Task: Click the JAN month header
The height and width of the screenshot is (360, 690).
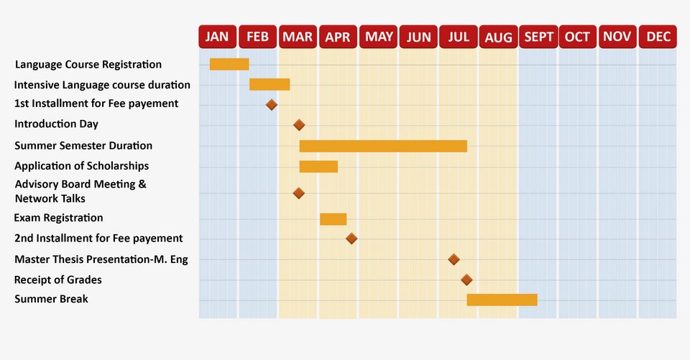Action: pos(217,37)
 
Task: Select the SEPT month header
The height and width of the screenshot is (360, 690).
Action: pos(538,37)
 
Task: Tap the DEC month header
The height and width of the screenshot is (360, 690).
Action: pos(658,37)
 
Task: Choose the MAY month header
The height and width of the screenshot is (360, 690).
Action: pos(378,37)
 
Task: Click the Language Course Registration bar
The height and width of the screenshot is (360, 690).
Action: pos(229,65)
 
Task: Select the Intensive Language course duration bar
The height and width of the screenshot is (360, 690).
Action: pos(270,85)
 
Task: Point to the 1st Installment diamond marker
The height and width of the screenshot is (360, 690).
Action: pos(272,105)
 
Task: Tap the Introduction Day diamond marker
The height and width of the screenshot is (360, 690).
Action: pos(299,125)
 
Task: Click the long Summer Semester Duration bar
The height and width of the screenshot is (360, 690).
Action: pos(383,146)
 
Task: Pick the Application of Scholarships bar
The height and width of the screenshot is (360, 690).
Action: pos(318,167)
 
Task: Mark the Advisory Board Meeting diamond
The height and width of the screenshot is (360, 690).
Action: pos(299,193)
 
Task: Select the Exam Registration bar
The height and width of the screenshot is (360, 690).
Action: pos(333,219)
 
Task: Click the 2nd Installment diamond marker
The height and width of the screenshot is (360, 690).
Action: pos(351,239)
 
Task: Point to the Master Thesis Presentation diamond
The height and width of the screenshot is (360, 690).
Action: pos(454,259)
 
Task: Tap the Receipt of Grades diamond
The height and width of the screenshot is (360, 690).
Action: pos(466,280)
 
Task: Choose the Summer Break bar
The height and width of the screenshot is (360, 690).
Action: pos(502,300)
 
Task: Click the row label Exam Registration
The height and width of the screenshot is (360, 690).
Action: pos(59,218)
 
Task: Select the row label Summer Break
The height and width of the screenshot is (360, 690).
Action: pos(51,299)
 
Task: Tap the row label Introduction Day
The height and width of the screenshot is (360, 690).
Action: pos(56,124)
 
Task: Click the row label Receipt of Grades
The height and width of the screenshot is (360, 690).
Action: pos(58,280)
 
